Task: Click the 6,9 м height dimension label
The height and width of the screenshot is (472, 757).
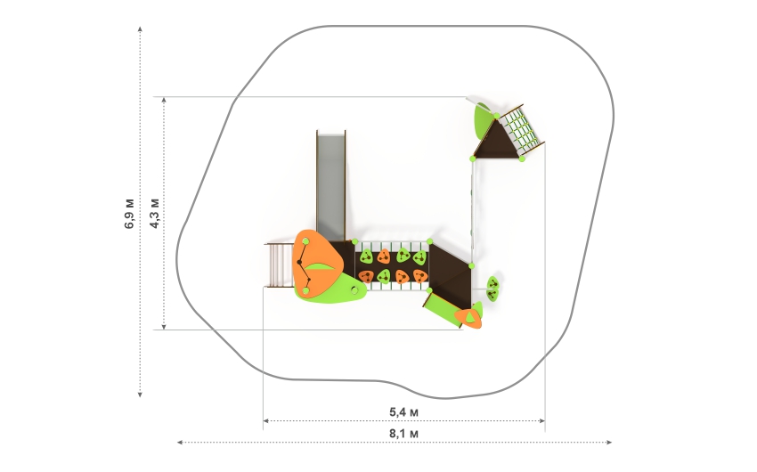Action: [130, 213]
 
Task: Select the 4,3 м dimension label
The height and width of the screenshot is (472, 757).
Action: [154, 213]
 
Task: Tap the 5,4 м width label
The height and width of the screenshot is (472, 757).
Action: [403, 412]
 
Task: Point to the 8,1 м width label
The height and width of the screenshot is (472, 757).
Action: [403, 434]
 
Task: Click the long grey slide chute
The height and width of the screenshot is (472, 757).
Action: [331, 185]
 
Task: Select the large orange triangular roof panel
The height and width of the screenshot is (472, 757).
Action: [318, 262]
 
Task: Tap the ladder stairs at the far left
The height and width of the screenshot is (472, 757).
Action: [279, 265]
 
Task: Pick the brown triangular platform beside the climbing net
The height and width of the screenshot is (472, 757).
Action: [497, 141]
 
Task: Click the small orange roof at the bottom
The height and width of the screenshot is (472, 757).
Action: [468, 318]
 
